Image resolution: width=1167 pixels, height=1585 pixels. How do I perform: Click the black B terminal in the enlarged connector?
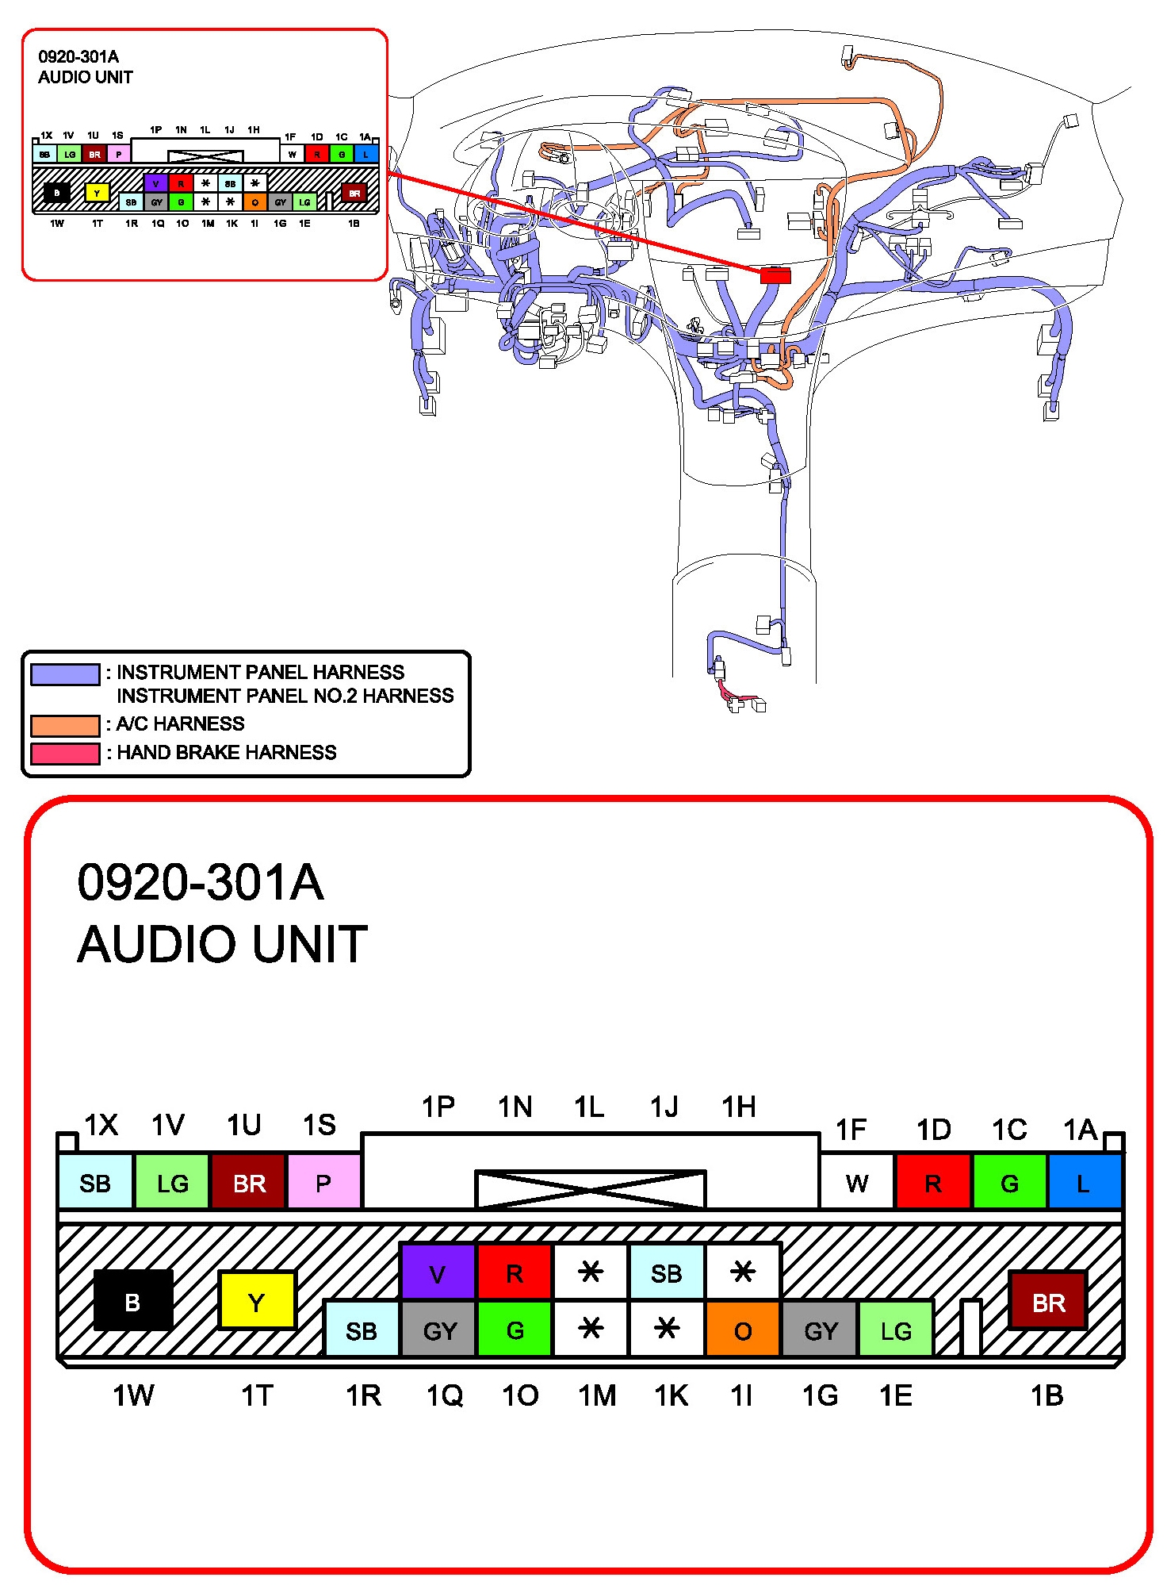[132, 1300]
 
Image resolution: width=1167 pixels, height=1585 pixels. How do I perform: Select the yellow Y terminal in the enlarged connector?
[256, 1300]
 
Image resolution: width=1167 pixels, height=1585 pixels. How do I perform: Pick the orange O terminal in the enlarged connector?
[742, 1330]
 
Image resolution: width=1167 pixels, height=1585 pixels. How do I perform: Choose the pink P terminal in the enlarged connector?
[323, 1182]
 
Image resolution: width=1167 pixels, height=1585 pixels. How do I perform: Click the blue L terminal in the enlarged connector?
[1083, 1182]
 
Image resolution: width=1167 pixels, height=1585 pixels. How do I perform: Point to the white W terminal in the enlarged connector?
[856, 1182]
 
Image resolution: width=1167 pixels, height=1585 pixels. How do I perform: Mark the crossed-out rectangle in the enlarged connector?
[590, 1188]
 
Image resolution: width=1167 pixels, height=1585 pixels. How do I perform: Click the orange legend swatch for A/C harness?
[65, 725]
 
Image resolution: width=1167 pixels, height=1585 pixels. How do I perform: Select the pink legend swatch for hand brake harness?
[65, 753]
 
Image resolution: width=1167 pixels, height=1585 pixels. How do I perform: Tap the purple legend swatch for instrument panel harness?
[65, 674]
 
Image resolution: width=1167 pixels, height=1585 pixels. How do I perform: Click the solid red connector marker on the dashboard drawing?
[775, 275]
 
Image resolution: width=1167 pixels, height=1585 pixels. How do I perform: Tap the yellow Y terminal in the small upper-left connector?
[97, 193]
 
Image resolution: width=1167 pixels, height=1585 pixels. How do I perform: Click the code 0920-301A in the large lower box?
[201, 882]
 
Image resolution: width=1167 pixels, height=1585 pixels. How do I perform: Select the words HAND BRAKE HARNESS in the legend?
[227, 752]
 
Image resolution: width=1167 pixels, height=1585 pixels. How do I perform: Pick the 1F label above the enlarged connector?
[851, 1130]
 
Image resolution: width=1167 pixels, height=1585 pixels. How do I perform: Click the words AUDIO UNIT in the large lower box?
[222, 944]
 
